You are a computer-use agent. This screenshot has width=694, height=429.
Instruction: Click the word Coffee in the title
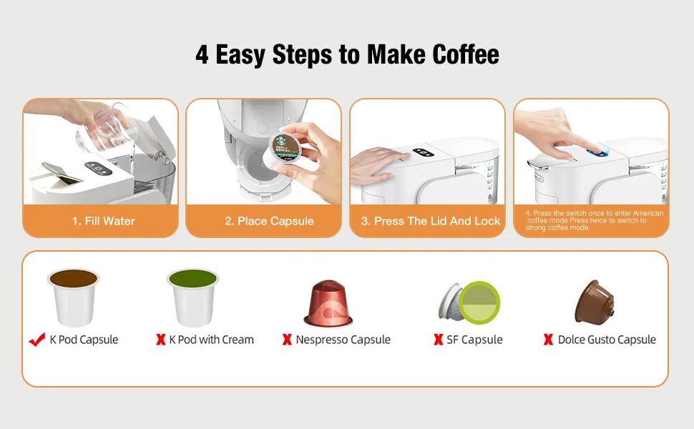pyautogui.click(x=466, y=54)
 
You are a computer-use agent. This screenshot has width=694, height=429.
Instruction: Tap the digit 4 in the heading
pyautogui.click(x=202, y=55)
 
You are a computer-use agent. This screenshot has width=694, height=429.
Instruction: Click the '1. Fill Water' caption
pyautogui.click(x=104, y=221)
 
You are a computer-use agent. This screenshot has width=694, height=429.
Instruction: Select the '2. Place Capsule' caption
pyautogui.click(x=269, y=221)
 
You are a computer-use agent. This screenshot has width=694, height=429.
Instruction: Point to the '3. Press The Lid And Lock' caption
pyautogui.click(x=431, y=221)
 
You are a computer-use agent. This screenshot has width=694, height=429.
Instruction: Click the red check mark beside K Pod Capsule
pyautogui.click(x=36, y=340)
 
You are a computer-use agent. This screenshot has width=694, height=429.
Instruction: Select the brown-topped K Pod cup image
pyautogui.click(x=74, y=297)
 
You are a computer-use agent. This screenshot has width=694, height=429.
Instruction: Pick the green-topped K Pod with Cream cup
pyautogui.click(x=192, y=297)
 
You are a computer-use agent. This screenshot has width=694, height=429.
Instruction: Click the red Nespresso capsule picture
pyautogui.click(x=328, y=303)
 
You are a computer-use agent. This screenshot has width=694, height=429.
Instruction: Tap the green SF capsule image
pyautogui.click(x=469, y=302)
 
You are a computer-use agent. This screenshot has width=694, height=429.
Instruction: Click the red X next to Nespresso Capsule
pyautogui.click(x=287, y=339)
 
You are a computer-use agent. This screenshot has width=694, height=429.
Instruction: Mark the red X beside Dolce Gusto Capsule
pyautogui.click(x=548, y=339)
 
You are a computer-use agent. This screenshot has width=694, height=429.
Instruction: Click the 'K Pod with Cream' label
pyautogui.click(x=212, y=340)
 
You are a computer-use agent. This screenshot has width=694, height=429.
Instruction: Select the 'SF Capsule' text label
pyautogui.click(x=474, y=340)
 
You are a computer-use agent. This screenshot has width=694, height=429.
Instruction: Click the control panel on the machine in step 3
pyautogui.click(x=424, y=152)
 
